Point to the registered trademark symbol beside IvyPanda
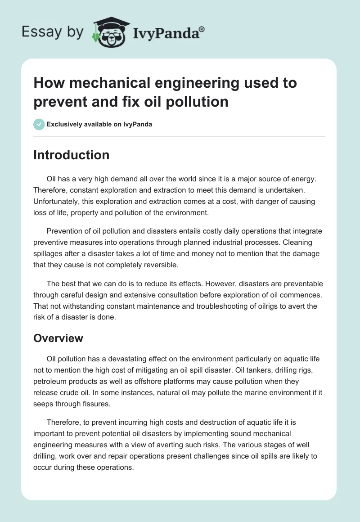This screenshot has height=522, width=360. click(202, 29)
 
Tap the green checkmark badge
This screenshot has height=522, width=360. click(39, 124)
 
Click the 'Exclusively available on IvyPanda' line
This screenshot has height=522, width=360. click(99, 125)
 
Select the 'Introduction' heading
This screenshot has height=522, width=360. click(72, 155)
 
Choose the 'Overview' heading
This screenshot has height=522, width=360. click(58, 338)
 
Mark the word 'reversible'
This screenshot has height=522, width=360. click(160, 265)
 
